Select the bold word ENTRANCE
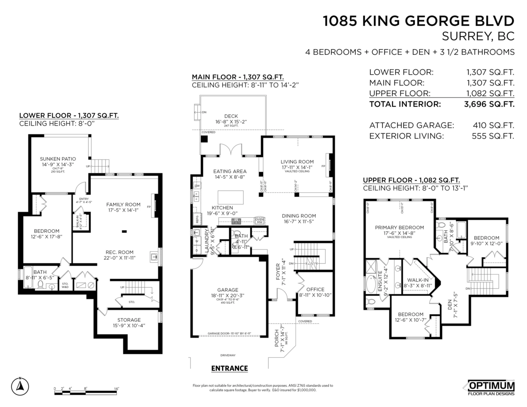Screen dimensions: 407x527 (229, 368)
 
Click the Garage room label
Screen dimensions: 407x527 (227, 290)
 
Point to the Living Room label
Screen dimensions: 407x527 (297, 162)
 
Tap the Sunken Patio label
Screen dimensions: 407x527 (58, 158)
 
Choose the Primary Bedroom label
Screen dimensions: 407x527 (399, 227)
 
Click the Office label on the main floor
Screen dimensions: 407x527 (315, 289)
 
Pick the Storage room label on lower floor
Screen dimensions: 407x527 (129, 320)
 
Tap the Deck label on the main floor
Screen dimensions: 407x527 (231, 116)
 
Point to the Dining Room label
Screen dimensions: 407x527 (299, 216)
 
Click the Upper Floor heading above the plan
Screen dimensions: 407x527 (411, 180)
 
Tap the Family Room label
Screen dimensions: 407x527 (123, 204)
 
